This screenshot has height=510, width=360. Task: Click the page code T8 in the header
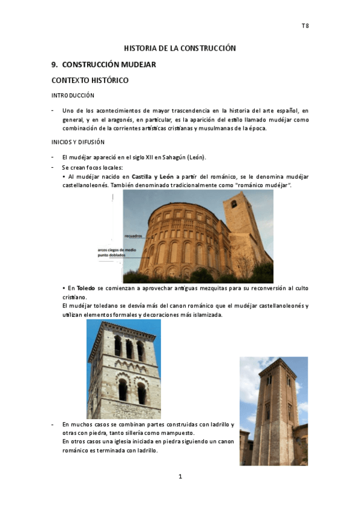(305, 26)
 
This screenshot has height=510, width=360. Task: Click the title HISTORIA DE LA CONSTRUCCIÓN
(180, 48)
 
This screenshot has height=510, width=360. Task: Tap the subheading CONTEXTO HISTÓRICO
(90, 80)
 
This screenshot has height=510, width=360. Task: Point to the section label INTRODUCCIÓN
(73, 96)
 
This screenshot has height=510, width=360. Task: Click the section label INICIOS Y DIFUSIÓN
(78, 142)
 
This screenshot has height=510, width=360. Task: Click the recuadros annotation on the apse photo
(134, 236)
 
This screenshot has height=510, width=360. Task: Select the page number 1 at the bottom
(180, 477)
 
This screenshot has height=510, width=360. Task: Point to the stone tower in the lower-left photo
(124, 370)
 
